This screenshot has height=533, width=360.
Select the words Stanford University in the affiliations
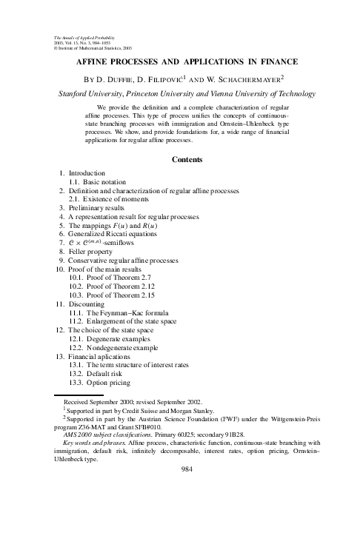coord(81,95)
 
